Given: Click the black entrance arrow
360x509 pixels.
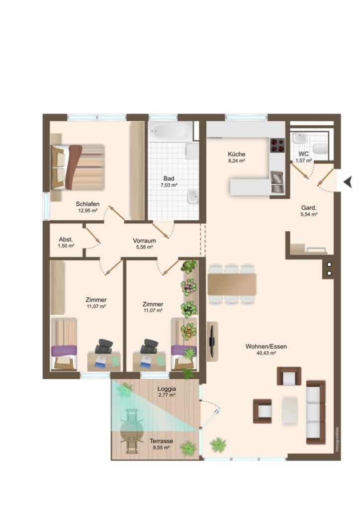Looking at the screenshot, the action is click(348, 182).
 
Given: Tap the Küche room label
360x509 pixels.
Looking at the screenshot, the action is click(236, 154).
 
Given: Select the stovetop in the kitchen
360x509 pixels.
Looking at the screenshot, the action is click(277, 146).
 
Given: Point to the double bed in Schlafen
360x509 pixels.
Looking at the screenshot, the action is click(78, 167).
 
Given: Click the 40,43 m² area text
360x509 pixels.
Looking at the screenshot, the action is click(266, 353).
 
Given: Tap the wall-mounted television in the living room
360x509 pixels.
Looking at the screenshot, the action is click(212, 341).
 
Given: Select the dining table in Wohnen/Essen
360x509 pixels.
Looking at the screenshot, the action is click(232, 284).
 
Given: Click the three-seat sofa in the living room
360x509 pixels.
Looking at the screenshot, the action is click(316, 412).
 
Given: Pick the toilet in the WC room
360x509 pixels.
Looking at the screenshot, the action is click(321, 149).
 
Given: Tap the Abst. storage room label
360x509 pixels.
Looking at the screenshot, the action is click(66, 240).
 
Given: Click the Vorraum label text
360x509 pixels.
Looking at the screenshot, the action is click(144, 241).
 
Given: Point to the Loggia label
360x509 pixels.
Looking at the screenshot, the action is click(167, 389).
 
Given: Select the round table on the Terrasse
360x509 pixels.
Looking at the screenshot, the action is click(132, 430).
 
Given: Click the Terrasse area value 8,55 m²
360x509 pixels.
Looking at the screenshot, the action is click(161, 448).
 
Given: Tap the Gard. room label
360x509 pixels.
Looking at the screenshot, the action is click(309, 208).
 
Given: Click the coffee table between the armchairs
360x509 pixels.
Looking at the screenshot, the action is click(289, 410).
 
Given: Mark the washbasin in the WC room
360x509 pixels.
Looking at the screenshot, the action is click(299, 138).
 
